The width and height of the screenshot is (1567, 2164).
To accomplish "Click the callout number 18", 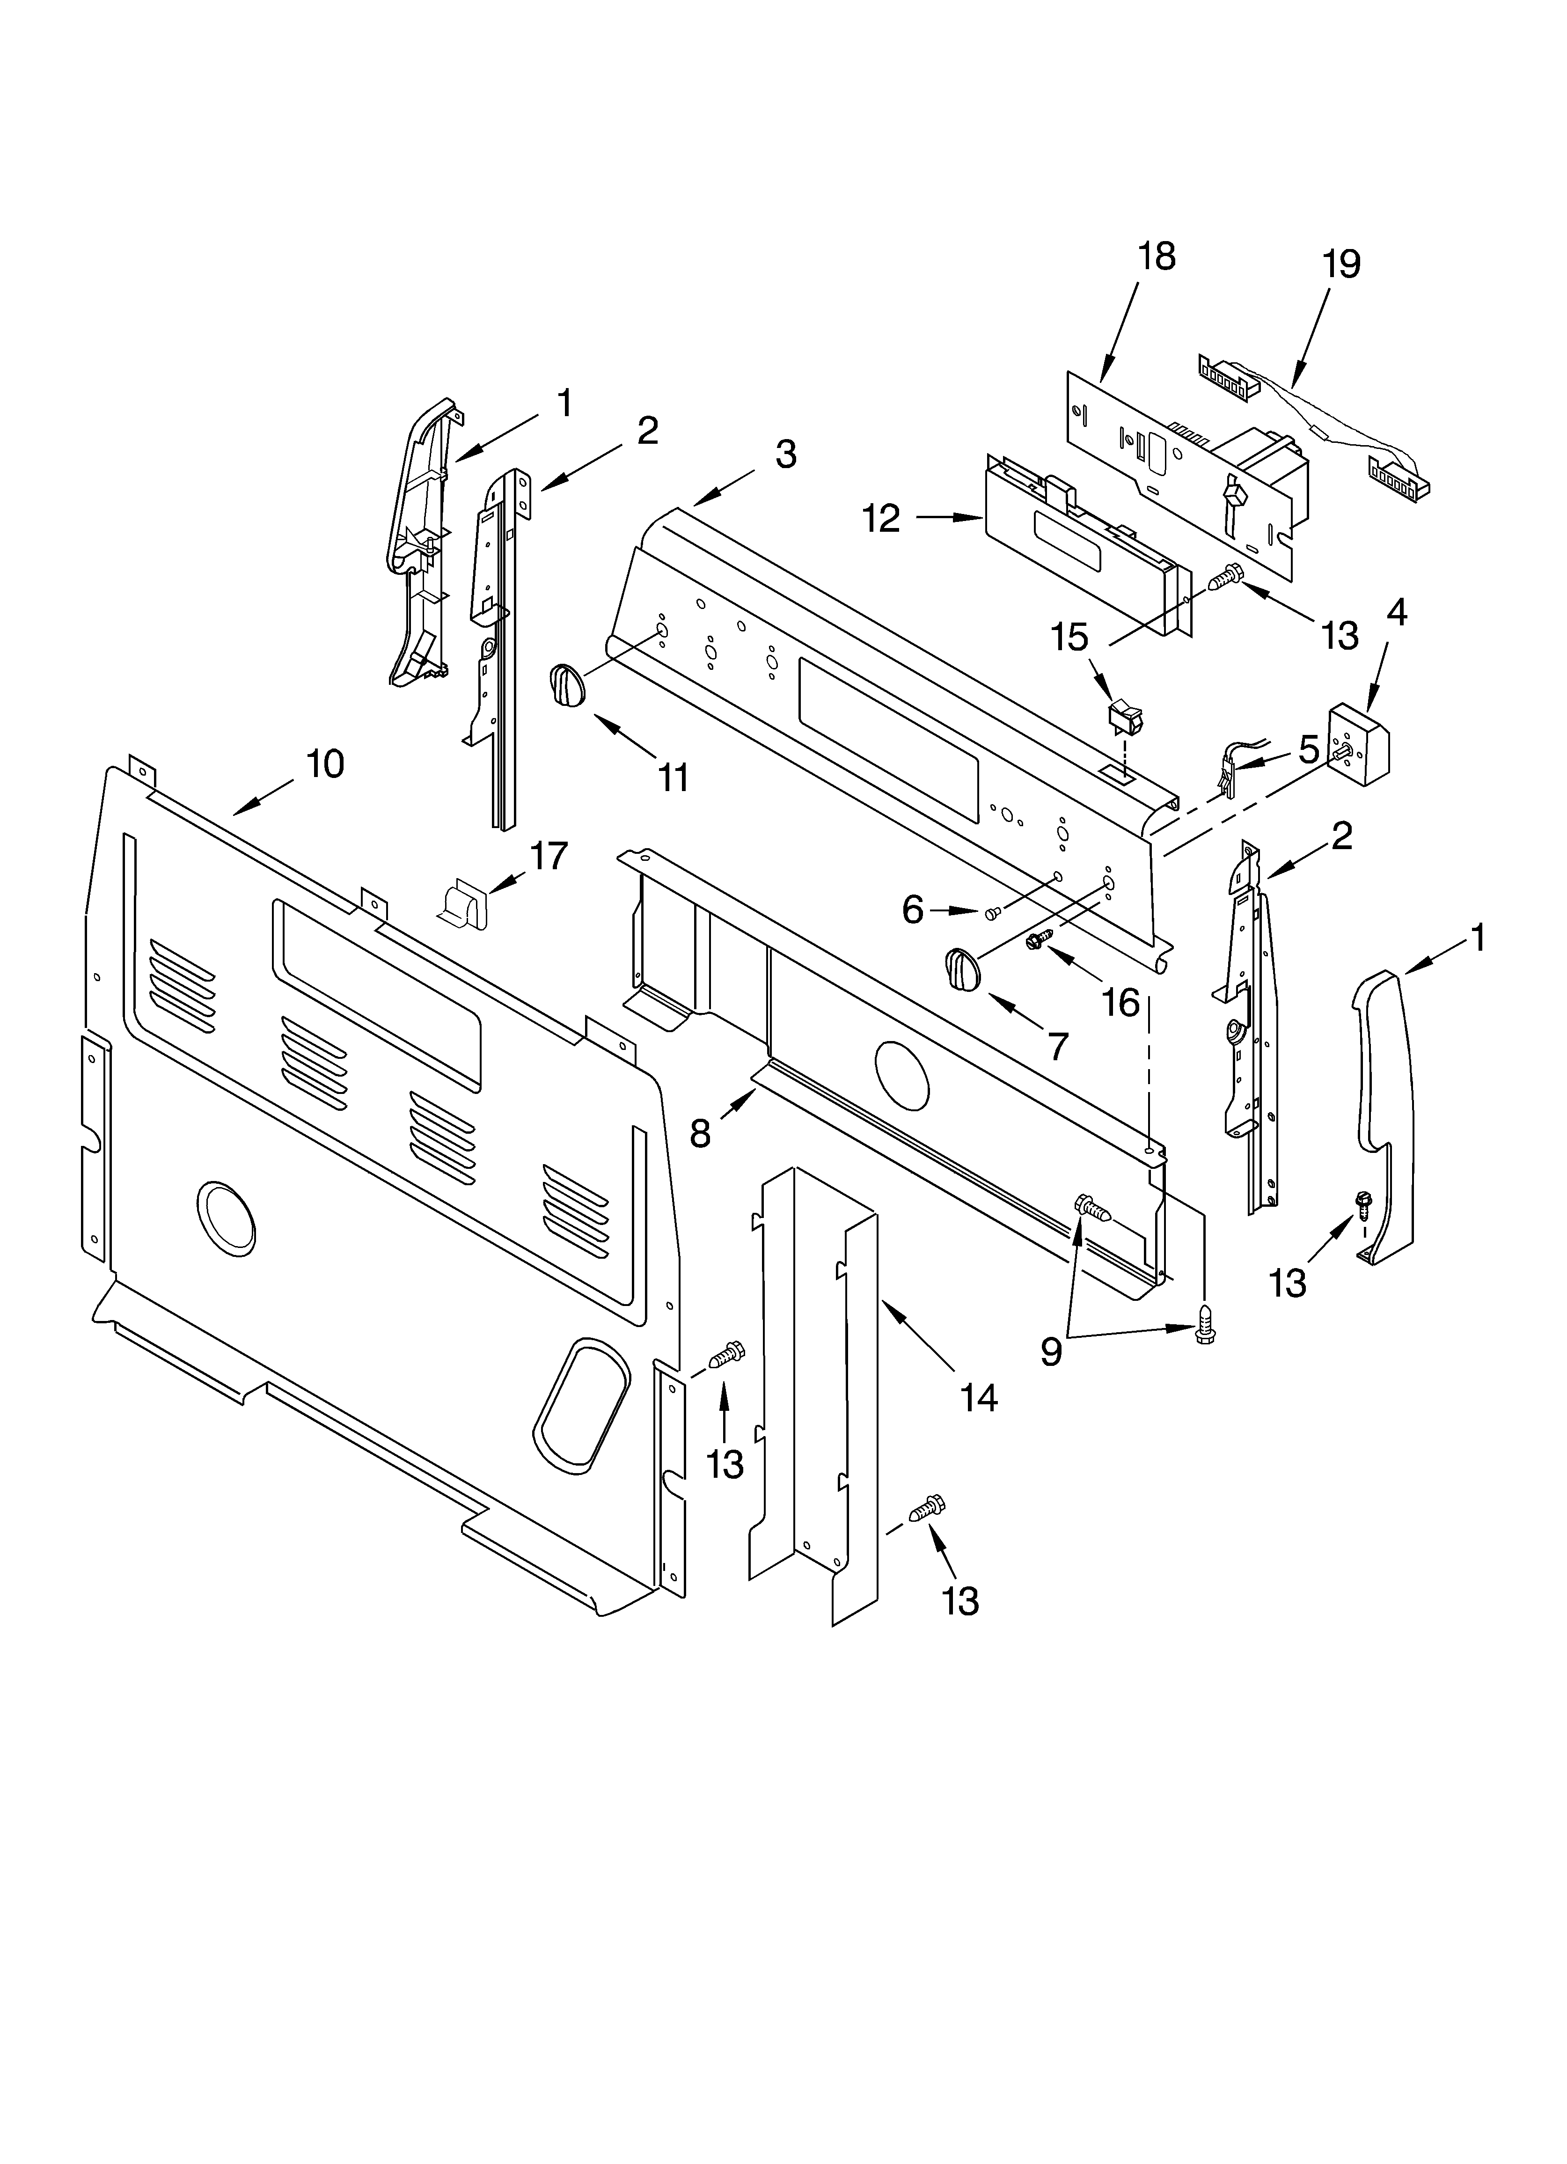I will (x=1157, y=257).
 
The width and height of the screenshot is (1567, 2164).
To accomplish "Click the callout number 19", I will (x=1341, y=264).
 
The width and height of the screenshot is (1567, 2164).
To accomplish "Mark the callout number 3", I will (x=784, y=454).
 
